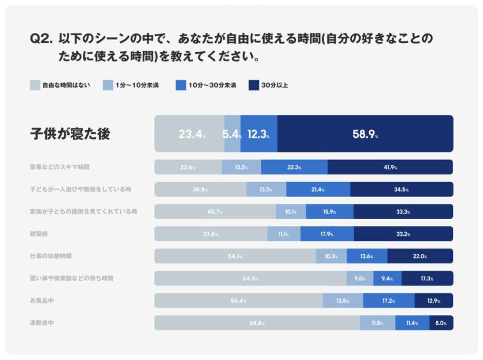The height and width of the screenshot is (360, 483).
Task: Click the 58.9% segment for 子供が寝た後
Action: [365, 134]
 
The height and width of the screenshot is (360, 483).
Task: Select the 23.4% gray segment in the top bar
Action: [190, 134]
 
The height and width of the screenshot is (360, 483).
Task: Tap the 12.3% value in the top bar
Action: [258, 134]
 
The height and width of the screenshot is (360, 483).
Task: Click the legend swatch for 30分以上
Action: [254, 85]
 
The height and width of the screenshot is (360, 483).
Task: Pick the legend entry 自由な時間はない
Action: [60, 85]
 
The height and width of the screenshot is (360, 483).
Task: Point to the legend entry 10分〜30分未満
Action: [206, 85]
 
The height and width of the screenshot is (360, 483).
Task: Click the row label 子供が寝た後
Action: [70, 134]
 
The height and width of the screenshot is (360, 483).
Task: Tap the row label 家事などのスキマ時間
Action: [59, 167]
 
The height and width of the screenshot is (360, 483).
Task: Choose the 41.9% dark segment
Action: [390, 167]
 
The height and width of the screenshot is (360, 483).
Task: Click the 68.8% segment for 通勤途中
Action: [257, 323]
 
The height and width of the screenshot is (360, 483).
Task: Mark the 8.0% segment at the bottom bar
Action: [441, 323]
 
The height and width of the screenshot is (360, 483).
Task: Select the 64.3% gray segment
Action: [250, 278]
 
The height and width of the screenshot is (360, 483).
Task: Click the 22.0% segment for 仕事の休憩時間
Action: [420, 256]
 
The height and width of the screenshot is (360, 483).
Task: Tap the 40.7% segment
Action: [215, 211]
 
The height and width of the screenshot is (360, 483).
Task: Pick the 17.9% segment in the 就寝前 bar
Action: [327, 234]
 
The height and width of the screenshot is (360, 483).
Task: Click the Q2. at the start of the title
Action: [41, 39]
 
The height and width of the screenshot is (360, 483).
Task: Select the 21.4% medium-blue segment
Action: [318, 189]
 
